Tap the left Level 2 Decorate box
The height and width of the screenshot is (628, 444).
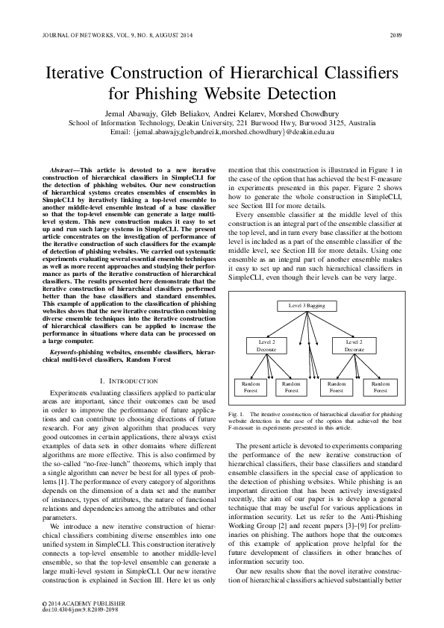pyautogui.click(x=266, y=345)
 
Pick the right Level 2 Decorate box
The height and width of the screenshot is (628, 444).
pyautogui.click(x=354, y=345)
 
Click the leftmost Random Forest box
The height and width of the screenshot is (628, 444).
pyautogui.click(x=248, y=386)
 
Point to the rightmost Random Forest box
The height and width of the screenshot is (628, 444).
pyautogui.click(x=380, y=386)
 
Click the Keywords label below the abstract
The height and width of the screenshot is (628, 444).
pyautogui.click(x=66, y=351)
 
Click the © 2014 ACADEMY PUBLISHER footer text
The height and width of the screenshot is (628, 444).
pyautogui.click(x=74, y=603)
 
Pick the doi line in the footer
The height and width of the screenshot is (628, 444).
pyautogui.click(x=76, y=609)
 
